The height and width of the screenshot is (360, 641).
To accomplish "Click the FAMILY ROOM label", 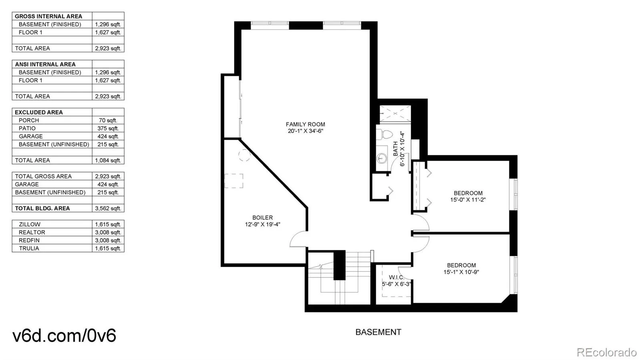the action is coord(305,125).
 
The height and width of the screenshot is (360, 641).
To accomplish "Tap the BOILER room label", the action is coord(262,217).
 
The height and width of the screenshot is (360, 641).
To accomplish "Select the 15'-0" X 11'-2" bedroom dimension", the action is coord(468,200).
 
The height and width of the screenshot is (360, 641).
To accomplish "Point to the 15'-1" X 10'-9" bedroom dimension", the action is coord(461,272).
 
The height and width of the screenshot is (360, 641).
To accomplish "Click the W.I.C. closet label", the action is coord(397,278).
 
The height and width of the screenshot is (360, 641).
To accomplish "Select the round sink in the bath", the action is coord(381,157).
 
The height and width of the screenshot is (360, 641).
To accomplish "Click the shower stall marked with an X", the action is coord(395,113).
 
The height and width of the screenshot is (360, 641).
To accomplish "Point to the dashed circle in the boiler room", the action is coord(244,155).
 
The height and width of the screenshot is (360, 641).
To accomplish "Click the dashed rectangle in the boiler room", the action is coord(234,181).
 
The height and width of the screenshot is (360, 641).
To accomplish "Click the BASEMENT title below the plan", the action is coord(378,332).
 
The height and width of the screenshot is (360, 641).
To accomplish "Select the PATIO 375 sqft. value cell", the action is coord(108,129).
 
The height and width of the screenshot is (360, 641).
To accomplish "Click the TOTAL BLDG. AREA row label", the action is coord(42,209).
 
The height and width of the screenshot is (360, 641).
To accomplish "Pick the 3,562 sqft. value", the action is coord(108,209).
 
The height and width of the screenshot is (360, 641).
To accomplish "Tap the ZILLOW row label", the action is coord(30,225).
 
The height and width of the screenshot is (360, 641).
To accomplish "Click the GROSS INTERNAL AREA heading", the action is coord(48,16).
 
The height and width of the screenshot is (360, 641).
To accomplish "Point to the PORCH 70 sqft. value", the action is coord(108,121).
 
